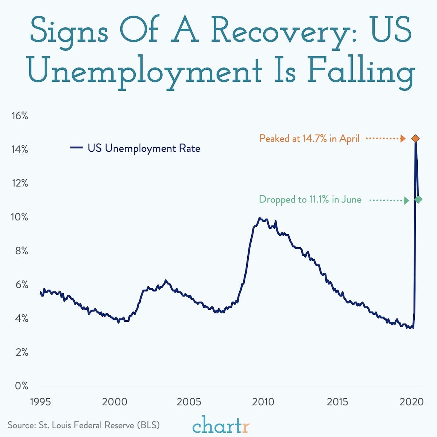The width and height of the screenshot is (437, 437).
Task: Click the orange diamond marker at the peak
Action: pos(415,139)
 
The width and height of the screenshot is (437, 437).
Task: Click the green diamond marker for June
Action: pos(418,200)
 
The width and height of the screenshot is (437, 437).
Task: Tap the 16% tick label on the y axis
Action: pos(20,116)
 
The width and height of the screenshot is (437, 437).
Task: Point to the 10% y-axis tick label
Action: pos(20,217)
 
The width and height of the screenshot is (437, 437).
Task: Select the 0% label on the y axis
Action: pos(22,386)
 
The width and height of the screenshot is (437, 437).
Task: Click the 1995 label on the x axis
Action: pos(40,402)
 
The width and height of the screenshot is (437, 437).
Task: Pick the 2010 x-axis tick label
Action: pos(263,402)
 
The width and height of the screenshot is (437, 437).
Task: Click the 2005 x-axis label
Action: pos(189,402)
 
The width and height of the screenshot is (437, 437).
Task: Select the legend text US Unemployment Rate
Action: pos(144,148)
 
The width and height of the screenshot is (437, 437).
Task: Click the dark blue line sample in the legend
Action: pos(77,148)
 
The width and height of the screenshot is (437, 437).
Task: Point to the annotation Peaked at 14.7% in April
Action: pos(309,139)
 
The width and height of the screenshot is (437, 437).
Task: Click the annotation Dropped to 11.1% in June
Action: pos(310,200)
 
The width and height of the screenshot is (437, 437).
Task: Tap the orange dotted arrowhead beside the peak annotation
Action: pos(403,139)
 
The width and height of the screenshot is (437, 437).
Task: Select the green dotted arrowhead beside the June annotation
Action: pos(406,200)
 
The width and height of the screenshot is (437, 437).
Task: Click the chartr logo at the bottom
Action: pos(221,425)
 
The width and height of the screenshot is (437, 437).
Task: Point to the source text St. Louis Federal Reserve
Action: pos(84,425)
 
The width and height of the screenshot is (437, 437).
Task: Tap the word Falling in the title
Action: pos(360,71)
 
